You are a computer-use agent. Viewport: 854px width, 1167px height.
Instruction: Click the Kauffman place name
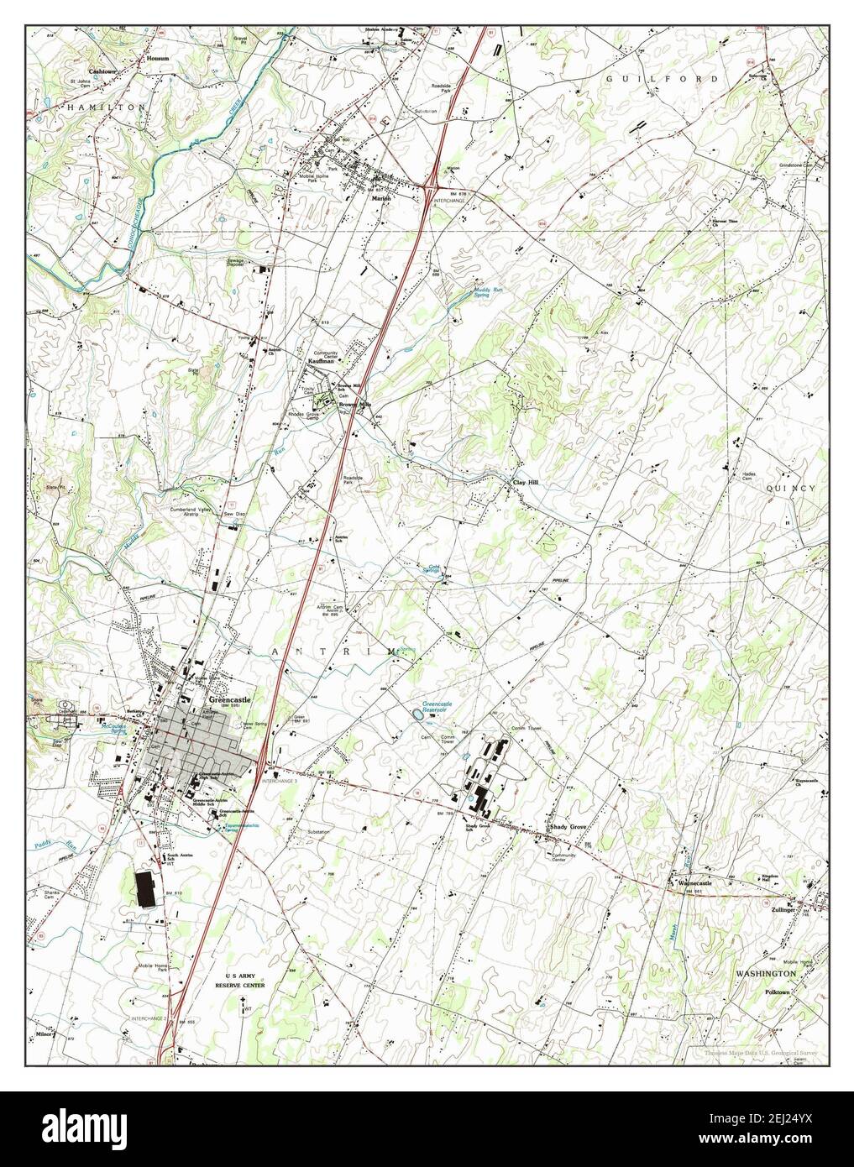coord(321,361)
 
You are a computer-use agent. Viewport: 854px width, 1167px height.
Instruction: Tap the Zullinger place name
coord(782,908)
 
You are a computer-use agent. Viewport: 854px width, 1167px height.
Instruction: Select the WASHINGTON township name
coord(765,972)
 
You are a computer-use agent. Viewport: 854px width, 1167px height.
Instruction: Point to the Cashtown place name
coord(87,60)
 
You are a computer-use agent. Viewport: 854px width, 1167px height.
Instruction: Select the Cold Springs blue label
coord(433,568)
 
